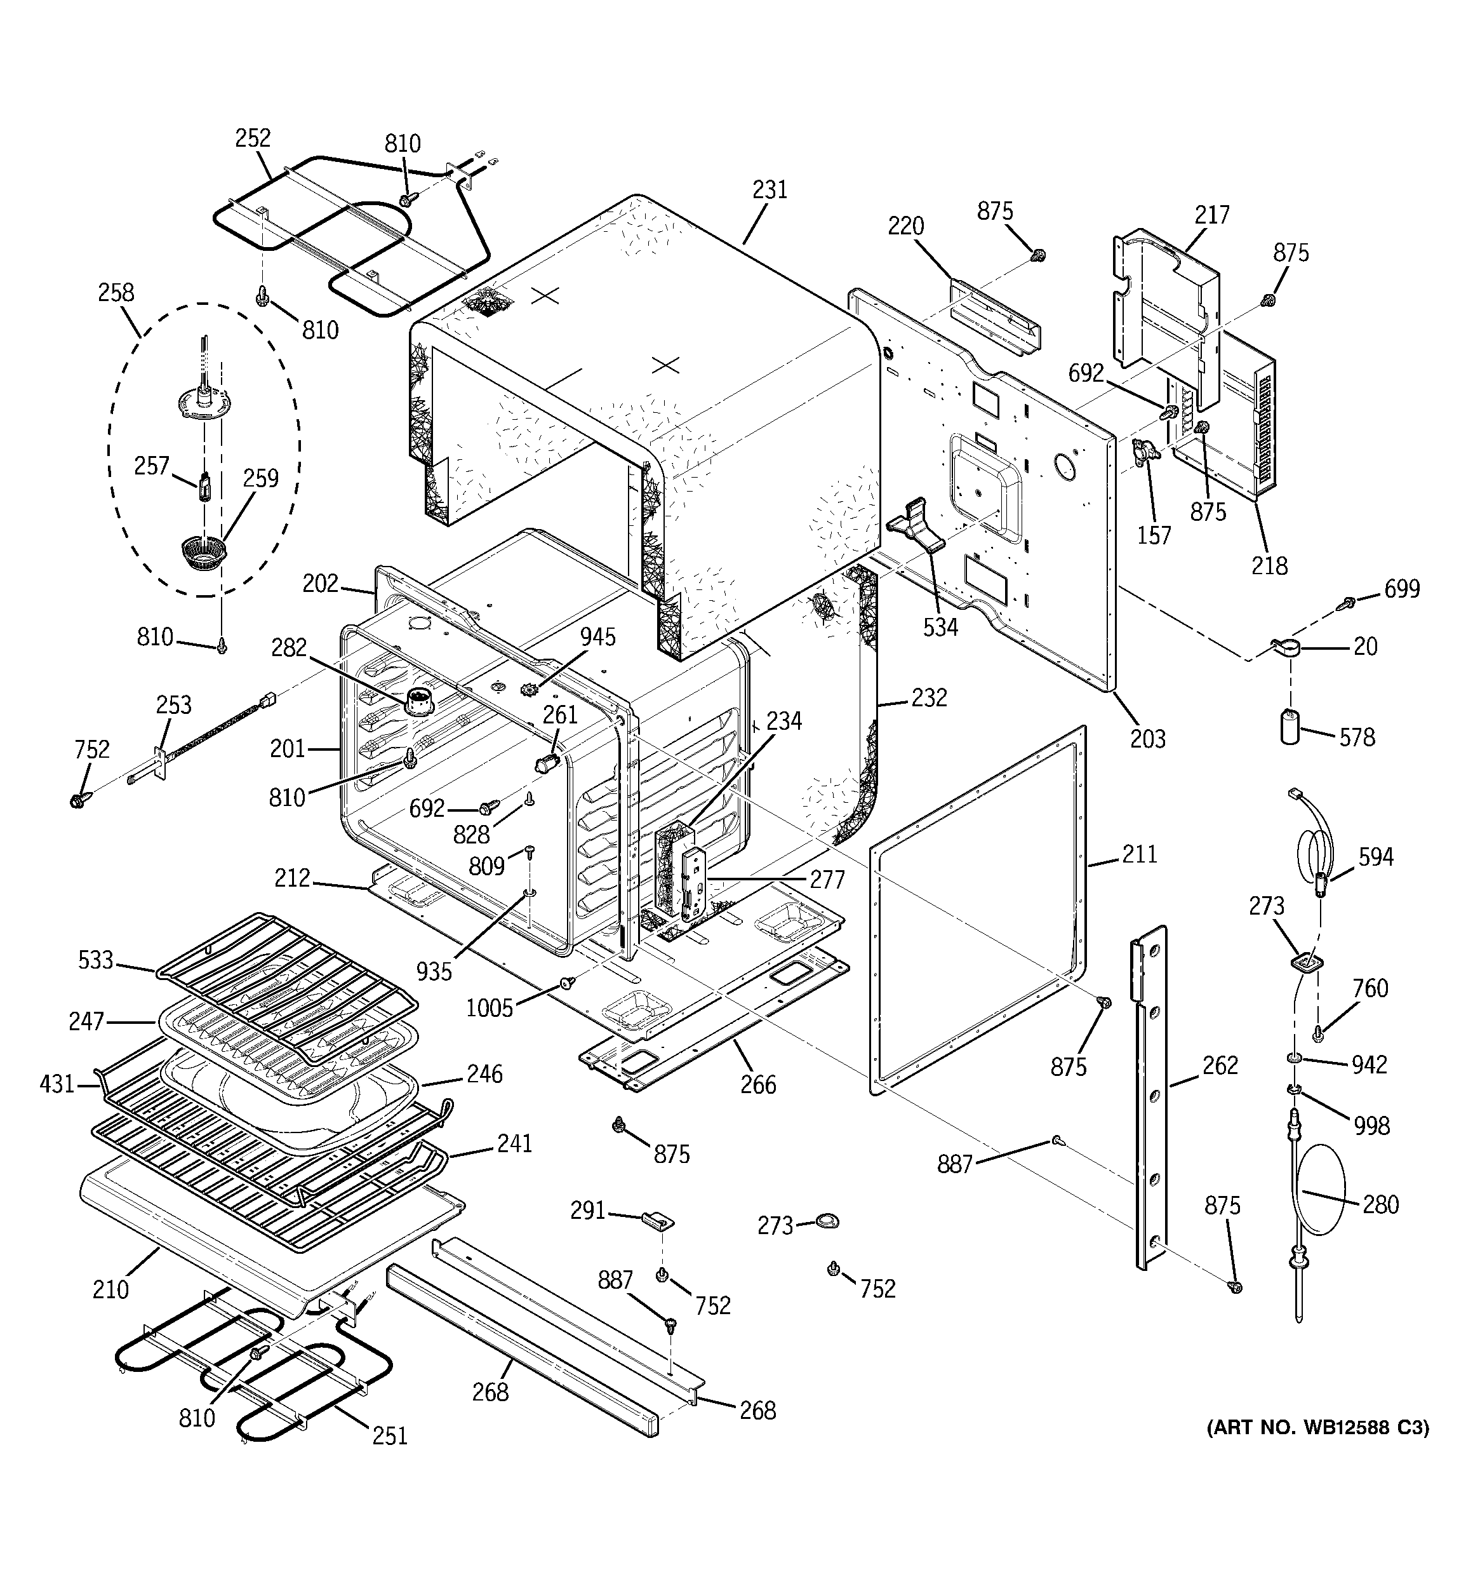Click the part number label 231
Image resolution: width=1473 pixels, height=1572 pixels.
pyautogui.click(x=770, y=190)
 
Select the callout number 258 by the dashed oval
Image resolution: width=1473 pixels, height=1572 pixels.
pyautogui.click(x=116, y=293)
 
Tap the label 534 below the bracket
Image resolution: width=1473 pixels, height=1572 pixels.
pyautogui.click(x=940, y=627)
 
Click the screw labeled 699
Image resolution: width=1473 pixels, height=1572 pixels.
pyautogui.click(x=1349, y=603)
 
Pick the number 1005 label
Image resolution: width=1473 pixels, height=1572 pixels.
pyautogui.click(x=490, y=1008)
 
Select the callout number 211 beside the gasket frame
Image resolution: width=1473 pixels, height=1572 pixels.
pyautogui.click(x=1139, y=854)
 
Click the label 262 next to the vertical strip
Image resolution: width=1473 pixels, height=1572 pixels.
pyautogui.click(x=1220, y=1065)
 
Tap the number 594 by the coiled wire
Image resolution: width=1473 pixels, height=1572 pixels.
pyautogui.click(x=1376, y=856)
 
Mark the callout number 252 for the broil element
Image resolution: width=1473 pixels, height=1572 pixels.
pyautogui.click(x=252, y=138)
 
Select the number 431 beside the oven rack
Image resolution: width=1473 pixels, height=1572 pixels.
pyautogui.click(x=57, y=1084)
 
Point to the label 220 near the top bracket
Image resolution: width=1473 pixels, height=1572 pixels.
pyautogui.click(x=905, y=226)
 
